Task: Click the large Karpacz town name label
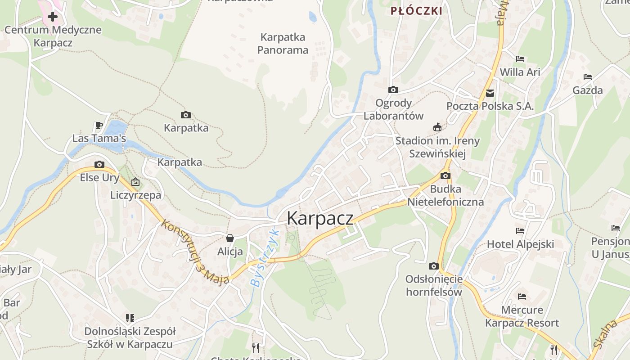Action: point(320,218)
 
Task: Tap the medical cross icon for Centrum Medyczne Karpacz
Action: point(53,17)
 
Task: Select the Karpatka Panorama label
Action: point(283,43)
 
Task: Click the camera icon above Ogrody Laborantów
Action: point(393,90)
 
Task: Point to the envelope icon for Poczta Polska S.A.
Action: point(490,93)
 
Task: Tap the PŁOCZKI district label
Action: point(416,11)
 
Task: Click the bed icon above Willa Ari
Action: point(520,58)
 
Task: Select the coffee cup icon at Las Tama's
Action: point(99,125)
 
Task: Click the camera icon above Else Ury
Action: point(99,164)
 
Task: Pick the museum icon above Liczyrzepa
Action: point(135,182)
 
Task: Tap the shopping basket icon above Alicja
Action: point(230,238)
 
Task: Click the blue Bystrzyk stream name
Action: point(265,259)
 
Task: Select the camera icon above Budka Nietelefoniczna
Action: point(445,175)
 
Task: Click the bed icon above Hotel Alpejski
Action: point(520,231)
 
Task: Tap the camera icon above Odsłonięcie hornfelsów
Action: point(434,266)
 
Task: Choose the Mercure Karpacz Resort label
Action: point(522,316)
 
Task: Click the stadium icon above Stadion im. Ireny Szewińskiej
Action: point(437,127)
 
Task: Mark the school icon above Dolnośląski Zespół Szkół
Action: point(130,318)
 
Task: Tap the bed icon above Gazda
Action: point(587,77)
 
